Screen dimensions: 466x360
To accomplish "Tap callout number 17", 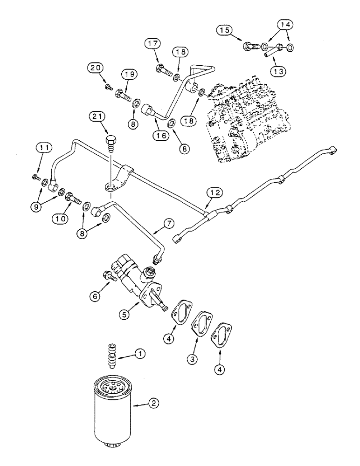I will click(154, 44).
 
